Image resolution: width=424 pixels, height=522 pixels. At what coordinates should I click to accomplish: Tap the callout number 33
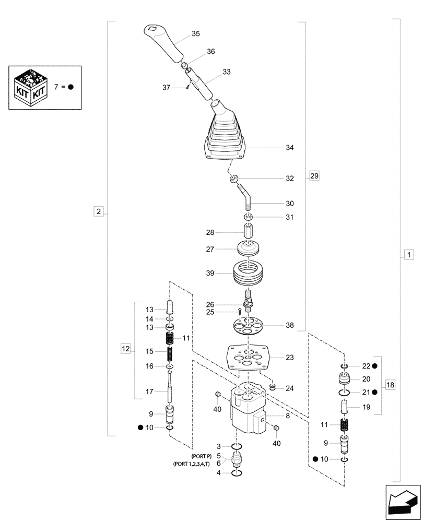[x=226, y=72]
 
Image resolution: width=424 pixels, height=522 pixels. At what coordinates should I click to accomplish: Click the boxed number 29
[x=313, y=176]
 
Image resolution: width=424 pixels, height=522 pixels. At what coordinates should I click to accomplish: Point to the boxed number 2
[x=98, y=211]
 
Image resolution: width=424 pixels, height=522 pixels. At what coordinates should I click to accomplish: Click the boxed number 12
[x=126, y=348]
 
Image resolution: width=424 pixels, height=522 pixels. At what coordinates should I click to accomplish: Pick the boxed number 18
[x=390, y=385]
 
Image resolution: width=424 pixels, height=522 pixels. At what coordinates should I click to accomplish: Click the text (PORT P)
[x=201, y=456]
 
